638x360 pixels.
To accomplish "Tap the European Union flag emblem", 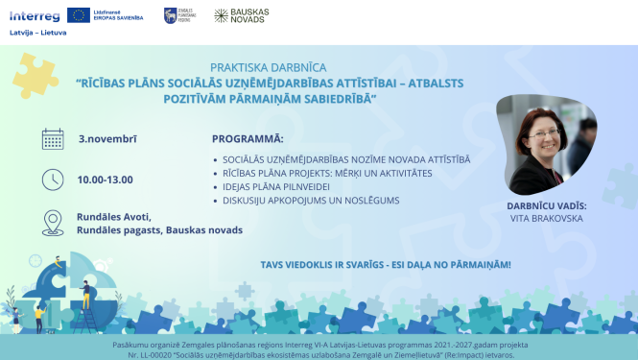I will tap(79, 15).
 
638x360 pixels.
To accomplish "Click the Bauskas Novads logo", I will tap(241, 15).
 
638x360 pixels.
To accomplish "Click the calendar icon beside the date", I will tap(53, 139).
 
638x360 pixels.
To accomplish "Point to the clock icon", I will tap(53, 180).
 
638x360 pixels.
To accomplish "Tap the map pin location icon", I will tap(53, 223).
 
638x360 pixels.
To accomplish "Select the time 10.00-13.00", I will tap(106, 180).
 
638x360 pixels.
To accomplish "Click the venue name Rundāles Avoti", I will tap(114, 216).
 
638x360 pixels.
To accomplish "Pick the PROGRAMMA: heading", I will tap(248, 139).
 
